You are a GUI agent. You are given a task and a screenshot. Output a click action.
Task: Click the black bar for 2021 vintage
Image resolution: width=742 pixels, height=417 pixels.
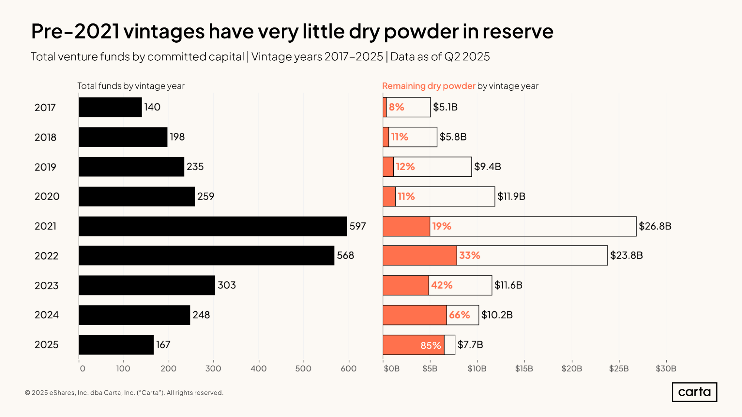213,226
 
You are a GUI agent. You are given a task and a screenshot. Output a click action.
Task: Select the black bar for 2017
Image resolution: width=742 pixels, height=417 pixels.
110,107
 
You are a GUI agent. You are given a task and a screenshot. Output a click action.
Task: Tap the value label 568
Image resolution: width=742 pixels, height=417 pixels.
345,255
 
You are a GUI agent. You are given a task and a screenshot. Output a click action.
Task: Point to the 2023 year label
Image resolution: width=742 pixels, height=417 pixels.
46,285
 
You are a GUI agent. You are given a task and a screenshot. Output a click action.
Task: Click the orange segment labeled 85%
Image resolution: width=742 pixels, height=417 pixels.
413,345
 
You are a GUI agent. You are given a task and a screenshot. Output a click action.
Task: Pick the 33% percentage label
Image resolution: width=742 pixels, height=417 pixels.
470,255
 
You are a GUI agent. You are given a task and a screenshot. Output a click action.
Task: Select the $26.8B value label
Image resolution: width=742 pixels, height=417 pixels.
655,226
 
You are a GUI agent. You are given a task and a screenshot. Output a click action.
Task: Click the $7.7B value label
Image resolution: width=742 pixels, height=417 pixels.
470,345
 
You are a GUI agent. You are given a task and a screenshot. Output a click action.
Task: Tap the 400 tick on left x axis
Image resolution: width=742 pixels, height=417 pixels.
258,368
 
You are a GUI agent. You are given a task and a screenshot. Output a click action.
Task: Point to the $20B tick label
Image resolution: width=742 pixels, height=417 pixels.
571,368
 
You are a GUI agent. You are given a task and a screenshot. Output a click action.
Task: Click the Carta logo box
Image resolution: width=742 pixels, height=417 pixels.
694,392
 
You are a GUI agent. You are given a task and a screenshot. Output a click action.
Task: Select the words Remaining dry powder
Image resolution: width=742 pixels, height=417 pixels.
428,86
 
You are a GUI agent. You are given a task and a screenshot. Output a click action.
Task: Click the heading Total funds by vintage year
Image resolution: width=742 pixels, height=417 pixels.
131,86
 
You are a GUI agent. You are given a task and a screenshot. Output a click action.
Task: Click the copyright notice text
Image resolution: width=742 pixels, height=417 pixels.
124,393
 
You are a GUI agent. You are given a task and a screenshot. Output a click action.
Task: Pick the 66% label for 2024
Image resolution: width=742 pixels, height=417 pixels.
459,315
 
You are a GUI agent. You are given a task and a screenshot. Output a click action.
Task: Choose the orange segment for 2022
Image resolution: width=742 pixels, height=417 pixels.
419,255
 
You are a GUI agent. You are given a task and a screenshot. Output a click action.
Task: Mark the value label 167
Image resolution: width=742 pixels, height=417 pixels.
163,345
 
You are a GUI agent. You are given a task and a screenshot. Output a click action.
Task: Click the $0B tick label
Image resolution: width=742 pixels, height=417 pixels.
391,368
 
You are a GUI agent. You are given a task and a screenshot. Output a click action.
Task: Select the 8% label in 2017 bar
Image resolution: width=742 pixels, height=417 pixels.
396,107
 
